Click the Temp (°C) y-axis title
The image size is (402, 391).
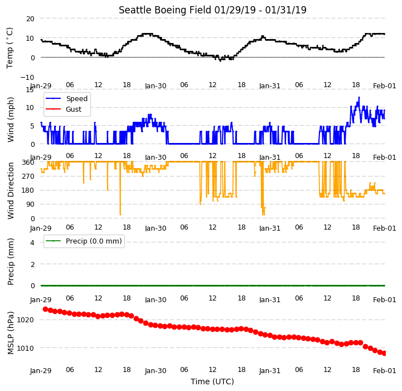coord(9,48)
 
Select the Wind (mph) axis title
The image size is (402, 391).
coord(10,120)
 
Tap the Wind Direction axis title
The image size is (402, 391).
coord(10,190)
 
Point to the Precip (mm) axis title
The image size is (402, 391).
coord(10,262)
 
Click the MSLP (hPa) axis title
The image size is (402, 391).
coord(10,333)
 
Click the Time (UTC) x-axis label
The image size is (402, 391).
coord(212,382)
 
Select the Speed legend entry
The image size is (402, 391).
coord(76,99)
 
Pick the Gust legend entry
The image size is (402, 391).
coord(74,109)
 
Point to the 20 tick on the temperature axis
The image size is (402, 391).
coord(30,19)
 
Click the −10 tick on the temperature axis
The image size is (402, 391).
coord(27,77)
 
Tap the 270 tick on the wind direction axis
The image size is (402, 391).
coord(28,177)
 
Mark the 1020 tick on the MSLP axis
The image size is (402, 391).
coord(26,320)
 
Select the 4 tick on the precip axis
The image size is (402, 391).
coord(32,242)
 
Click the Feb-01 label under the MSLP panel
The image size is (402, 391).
coord(385,371)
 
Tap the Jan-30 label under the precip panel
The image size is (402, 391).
coord(156,300)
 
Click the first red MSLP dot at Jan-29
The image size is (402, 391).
coord(45,309)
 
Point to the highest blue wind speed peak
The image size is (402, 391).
coord(359,97)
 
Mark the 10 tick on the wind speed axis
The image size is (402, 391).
coord(30,108)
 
